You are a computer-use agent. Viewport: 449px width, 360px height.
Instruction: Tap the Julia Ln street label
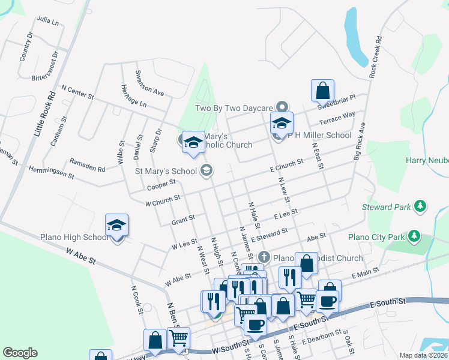point(48,21)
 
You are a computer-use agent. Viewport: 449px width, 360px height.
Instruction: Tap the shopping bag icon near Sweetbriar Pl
point(322,91)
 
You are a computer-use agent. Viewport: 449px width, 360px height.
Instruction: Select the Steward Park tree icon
point(421,207)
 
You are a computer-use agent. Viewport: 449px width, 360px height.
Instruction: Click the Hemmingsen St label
point(50,173)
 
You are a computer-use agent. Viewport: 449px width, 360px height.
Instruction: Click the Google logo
point(20,353)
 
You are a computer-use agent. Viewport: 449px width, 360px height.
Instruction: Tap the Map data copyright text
point(423,355)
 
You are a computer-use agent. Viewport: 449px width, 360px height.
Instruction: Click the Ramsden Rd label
point(88,165)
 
